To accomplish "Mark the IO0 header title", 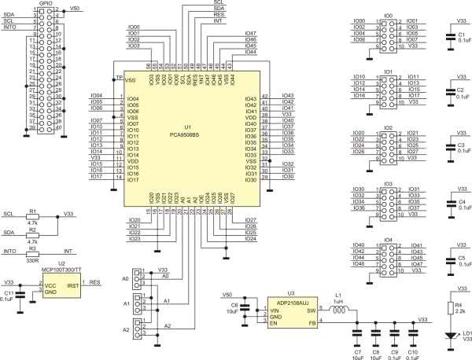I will point(389,15).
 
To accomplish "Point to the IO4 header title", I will point(389,240).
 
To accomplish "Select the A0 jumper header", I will point(138,277).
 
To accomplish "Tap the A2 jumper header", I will point(138,329).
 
